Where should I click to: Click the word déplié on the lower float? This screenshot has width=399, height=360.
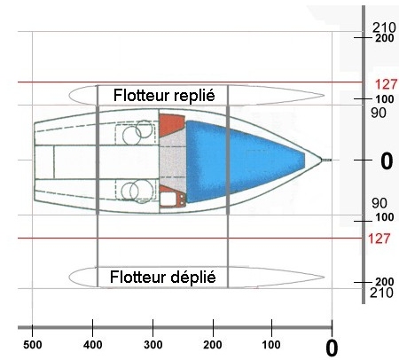(193, 278)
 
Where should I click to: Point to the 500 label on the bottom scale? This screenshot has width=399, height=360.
(32, 345)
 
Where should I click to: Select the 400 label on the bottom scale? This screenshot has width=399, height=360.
(93, 345)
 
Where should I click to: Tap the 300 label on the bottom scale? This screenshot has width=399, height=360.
(153, 345)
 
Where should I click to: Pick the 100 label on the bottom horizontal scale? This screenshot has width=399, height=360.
(271, 345)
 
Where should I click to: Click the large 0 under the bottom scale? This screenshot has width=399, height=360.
(332, 348)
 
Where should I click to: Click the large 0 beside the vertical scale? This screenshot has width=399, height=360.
(387, 161)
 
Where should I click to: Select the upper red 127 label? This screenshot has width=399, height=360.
(387, 85)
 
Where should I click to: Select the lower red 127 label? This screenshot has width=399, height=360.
(379, 239)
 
